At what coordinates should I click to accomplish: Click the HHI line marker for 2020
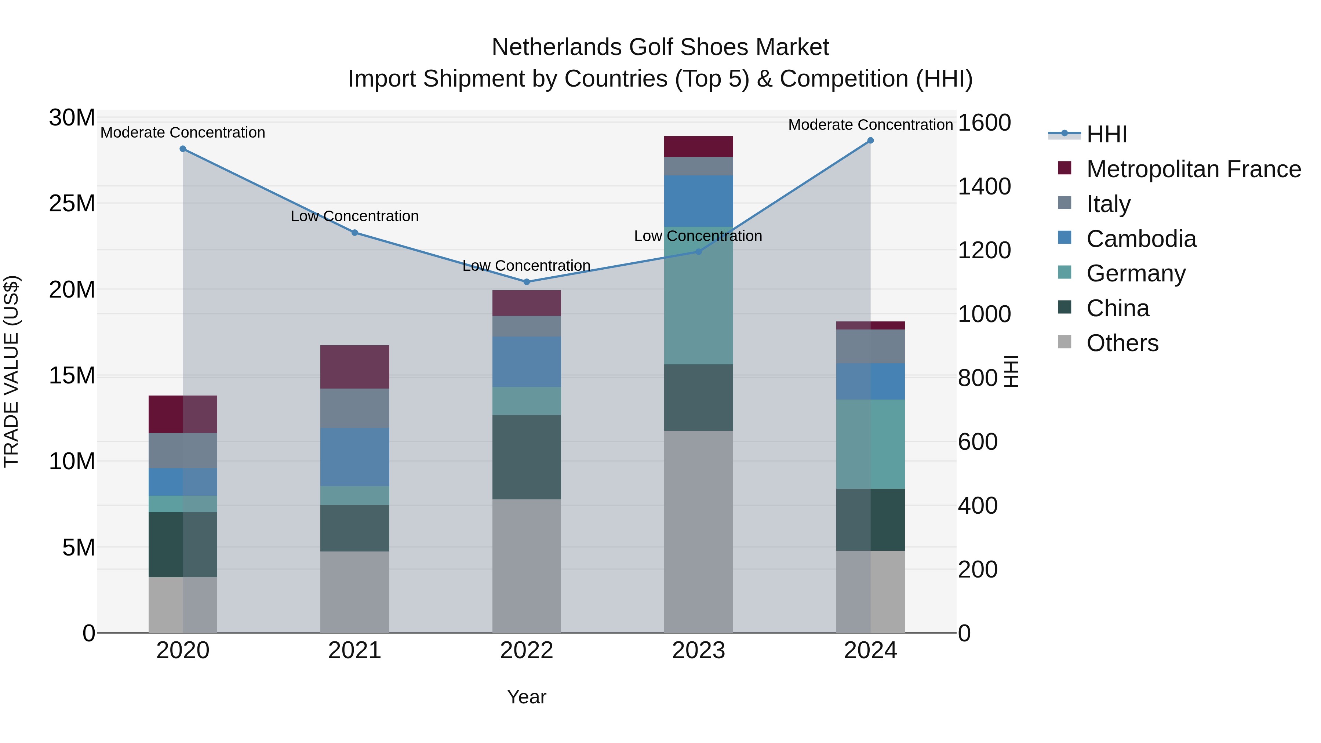tap(183, 149)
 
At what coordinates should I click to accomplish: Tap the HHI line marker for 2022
tap(526, 281)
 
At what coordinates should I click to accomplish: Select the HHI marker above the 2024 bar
tap(870, 141)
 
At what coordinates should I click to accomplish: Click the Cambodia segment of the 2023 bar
tap(698, 201)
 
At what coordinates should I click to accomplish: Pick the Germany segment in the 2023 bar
tap(698, 295)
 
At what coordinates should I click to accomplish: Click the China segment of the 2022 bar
tap(526, 457)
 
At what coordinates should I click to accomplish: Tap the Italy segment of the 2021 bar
tap(354, 408)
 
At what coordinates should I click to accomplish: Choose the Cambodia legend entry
tap(1141, 239)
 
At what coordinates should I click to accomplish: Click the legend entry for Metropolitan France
tap(1193, 169)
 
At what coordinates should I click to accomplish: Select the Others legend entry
tap(1122, 343)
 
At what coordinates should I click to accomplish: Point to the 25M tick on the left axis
tap(72, 204)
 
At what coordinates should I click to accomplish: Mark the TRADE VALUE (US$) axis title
tap(11, 371)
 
